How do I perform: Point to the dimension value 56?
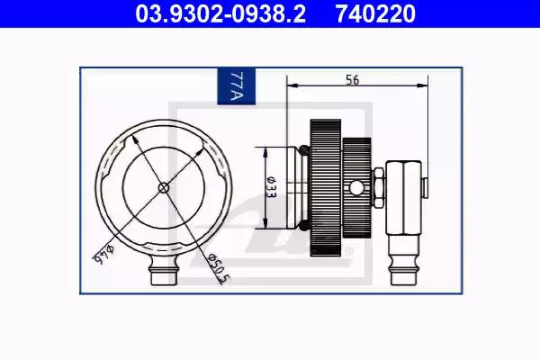coord(353,79)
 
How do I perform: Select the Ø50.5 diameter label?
coord(217,267)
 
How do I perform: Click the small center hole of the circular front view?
coord(163,187)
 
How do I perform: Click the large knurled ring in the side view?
coord(325,187)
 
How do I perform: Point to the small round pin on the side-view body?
coord(358,187)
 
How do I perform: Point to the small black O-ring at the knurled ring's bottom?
coord(304,225)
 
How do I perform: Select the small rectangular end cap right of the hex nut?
coord(424,186)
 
